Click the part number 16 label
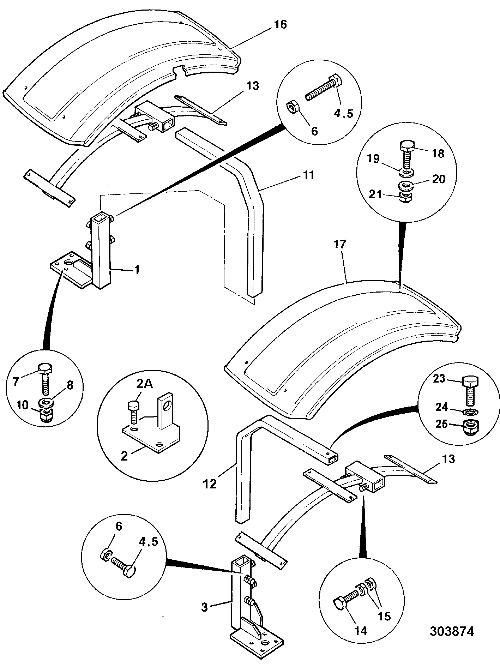click(281, 25)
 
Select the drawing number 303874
click(452, 631)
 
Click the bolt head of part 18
click(407, 146)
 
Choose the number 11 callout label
click(308, 175)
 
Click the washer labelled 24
click(469, 411)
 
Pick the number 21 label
click(375, 194)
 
